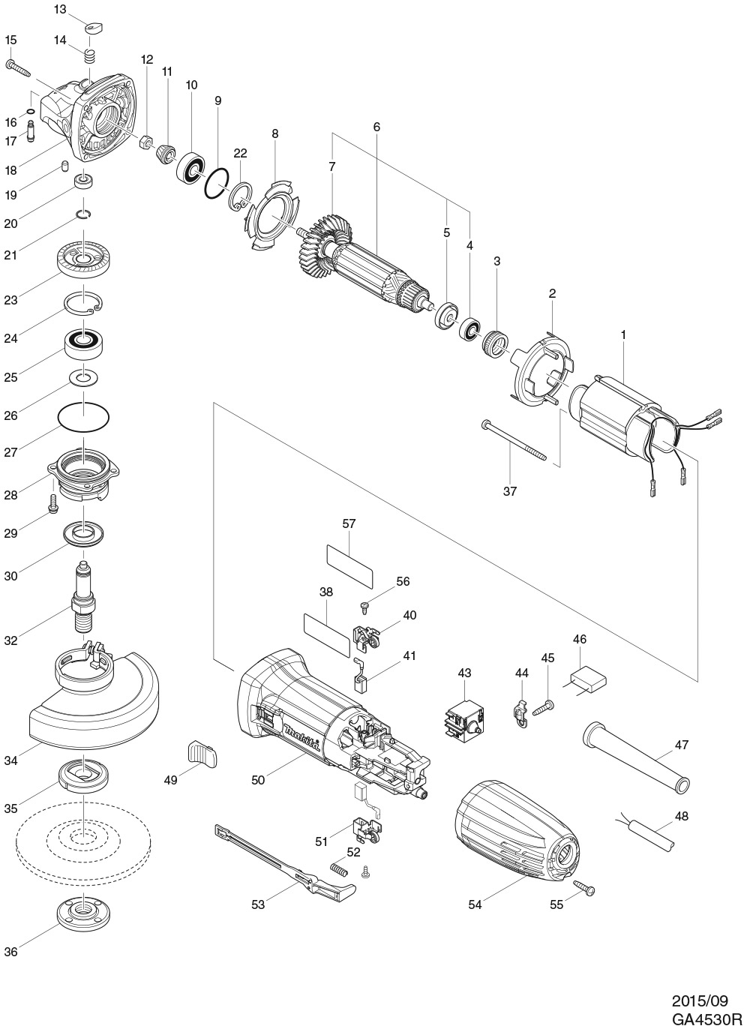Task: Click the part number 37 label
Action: [x=510, y=492]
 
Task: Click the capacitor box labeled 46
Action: [x=589, y=679]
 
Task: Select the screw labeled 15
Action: [x=19, y=68]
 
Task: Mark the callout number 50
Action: [x=258, y=781]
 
